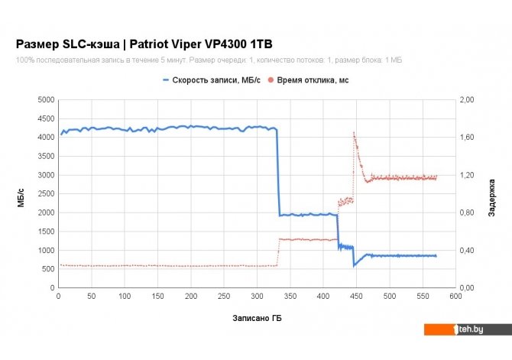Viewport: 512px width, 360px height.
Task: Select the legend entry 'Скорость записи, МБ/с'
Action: pos(209,79)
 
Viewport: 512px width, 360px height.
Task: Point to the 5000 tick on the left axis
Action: pos(45,100)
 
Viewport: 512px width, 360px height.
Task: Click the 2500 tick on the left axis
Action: pos(45,194)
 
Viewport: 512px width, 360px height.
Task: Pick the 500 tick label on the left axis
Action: pos(47,269)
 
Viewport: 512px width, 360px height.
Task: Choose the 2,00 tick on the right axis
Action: pos(467,100)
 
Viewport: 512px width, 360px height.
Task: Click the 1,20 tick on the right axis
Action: pos(467,175)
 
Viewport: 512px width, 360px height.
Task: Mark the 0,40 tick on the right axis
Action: pos(467,250)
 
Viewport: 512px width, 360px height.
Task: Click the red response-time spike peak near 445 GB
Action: pos(353,132)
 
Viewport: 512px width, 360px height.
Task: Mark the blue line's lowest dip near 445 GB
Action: pos(354,266)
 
